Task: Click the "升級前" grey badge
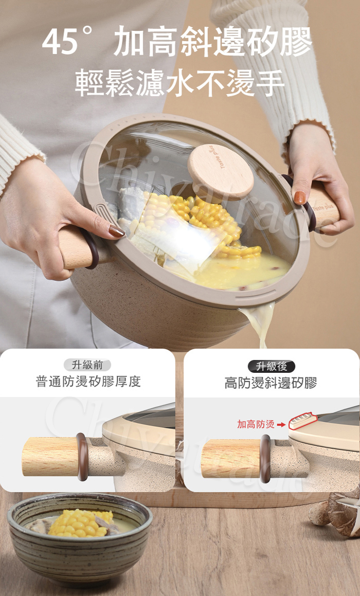87,365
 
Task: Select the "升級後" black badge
271,367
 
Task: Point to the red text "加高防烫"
256,424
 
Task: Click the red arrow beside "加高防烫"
281,425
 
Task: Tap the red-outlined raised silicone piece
303,421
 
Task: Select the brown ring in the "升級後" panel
265,459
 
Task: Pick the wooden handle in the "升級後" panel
231,459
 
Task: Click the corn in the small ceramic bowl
81,523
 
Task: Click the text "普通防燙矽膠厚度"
88,381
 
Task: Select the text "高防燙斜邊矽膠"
271,383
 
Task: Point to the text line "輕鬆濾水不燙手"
180,83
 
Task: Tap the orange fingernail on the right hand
300,197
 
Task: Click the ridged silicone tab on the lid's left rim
104,215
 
